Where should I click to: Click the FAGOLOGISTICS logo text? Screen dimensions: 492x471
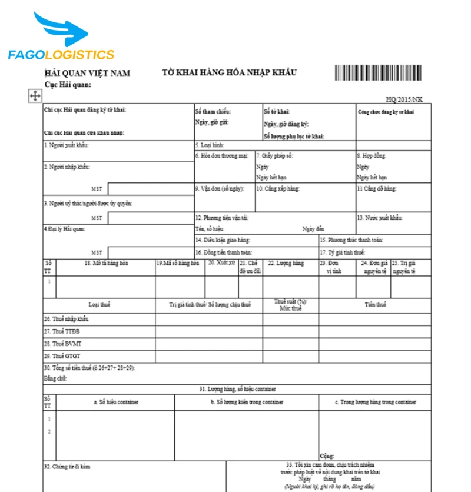61,55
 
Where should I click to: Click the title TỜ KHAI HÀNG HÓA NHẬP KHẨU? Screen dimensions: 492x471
229,72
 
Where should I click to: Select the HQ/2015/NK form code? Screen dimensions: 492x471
404,99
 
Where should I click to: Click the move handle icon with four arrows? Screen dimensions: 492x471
35,96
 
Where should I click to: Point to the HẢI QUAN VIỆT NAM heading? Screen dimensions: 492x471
88,73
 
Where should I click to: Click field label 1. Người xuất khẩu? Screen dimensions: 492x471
66,145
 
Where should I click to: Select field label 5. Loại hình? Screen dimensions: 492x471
209,145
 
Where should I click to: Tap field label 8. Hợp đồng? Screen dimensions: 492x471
372,156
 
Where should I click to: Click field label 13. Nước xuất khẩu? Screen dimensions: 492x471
380,217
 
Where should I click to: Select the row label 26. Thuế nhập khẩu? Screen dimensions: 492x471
66,318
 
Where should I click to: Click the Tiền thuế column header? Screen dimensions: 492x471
375,305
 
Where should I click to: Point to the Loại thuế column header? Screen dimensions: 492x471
99,305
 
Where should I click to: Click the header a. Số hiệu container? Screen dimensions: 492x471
116,402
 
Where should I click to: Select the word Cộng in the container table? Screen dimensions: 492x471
327,456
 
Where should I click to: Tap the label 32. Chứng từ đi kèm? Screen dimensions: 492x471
67,467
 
